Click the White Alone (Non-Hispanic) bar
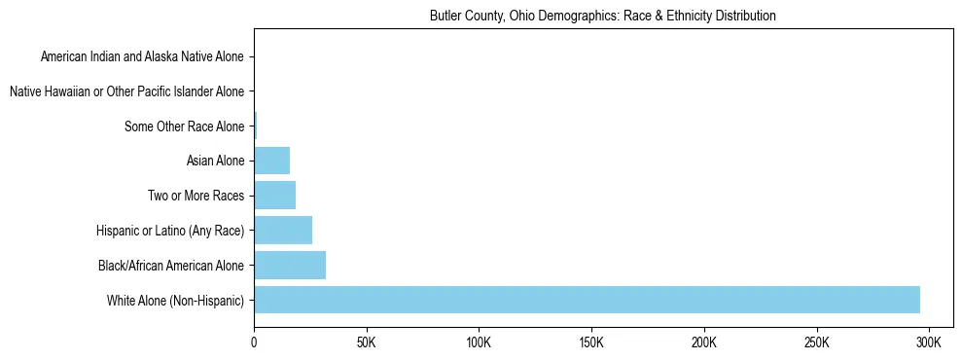pos(587,300)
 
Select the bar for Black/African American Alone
pos(290,265)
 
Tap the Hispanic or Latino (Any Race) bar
pos(283,231)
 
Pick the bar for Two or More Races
pos(274,196)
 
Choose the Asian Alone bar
pos(271,161)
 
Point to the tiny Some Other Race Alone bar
pos(256,126)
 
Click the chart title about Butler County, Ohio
pos(602,17)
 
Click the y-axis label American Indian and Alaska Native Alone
pos(142,57)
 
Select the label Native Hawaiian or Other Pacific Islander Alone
pos(126,92)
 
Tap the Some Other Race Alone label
pos(185,126)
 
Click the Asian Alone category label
pos(215,161)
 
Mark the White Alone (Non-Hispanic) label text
pos(176,300)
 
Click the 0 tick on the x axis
pos(254,343)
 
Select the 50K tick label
pos(366,343)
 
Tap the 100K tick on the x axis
pos(479,343)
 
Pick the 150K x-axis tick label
pos(591,343)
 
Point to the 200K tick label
pos(703,343)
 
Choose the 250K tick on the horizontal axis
pos(816,343)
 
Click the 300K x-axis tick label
pos(929,343)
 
